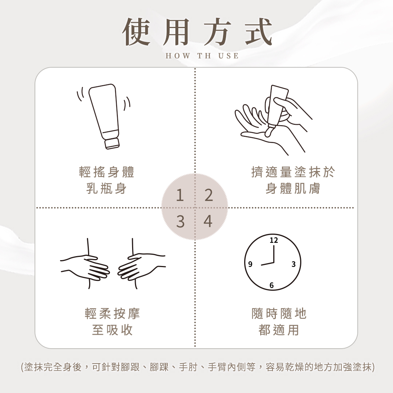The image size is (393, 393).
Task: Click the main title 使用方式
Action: [197, 32]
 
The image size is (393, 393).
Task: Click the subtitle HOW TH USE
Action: [202, 56]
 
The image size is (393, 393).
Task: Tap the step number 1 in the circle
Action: [179, 195]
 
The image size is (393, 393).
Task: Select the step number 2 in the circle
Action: [209, 195]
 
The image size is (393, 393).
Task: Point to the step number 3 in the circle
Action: [180, 222]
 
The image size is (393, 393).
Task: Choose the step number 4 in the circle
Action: [208, 221]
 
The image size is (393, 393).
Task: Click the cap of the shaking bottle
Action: [112, 143]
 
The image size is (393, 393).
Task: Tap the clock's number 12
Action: [274, 241]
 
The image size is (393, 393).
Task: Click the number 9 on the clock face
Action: [250, 264]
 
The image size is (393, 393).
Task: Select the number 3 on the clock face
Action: [294, 264]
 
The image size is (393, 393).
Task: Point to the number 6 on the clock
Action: [272, 285]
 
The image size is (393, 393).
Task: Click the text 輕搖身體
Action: [107, 172]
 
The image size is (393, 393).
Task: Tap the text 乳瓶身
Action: [107, 188]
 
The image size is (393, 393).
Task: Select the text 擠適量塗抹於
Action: [293, 172]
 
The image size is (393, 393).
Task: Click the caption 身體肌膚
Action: [293, 188]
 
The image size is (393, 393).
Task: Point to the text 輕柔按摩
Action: [112, 313]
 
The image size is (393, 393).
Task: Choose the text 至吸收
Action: [112, 330]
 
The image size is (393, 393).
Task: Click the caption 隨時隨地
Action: [279, 313]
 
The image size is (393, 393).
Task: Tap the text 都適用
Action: [279, 330]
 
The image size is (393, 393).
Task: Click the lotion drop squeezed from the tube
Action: [269, 132]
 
